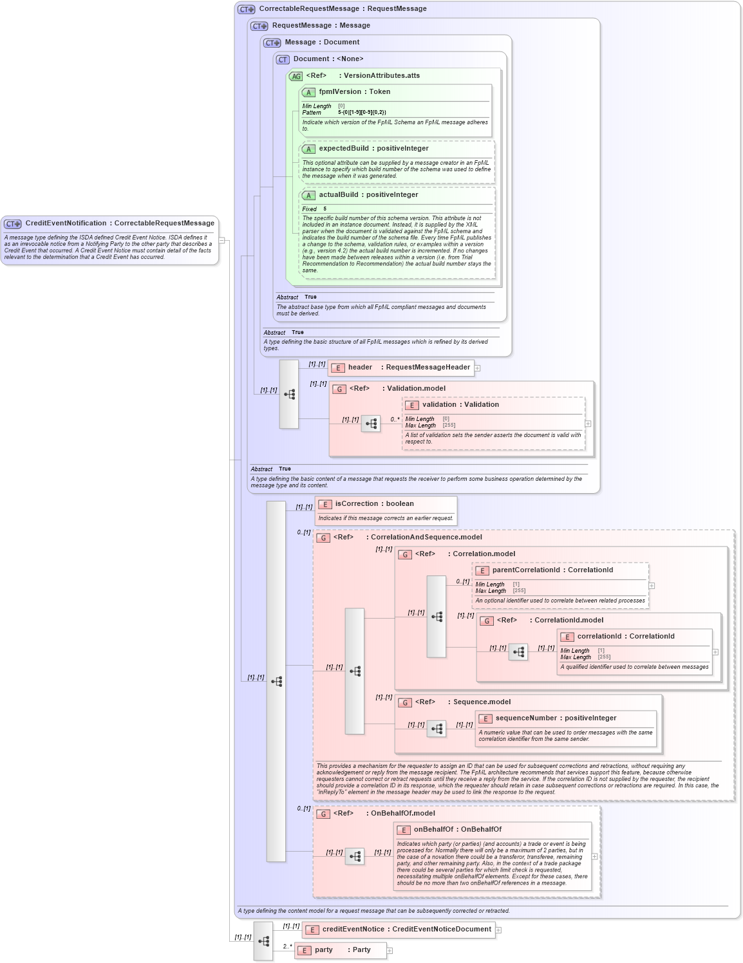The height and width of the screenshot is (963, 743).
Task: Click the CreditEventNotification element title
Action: [x=120, y=223]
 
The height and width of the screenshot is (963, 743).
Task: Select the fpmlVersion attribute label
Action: [x=354, y=92]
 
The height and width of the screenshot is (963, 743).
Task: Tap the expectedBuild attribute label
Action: [x=373, y=149]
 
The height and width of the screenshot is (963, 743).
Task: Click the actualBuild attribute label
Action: [x=368, y=195]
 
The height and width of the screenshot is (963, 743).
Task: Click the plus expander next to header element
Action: [x=478, y=368]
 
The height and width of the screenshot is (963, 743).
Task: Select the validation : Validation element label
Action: [x=460, y=405]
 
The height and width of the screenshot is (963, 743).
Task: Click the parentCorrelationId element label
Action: [x=552, y=570]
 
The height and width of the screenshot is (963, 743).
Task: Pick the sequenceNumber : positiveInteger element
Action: [x=556, y=718]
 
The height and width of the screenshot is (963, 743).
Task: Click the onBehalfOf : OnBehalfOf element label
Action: [x=457, y=830]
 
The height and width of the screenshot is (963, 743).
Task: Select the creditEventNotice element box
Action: [x=406, y=930]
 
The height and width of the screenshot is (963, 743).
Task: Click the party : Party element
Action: [x=342, y=950]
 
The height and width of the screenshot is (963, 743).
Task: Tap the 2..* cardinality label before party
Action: [x=287, y=947]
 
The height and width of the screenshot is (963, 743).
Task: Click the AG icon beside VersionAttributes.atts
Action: [x=296, y=77]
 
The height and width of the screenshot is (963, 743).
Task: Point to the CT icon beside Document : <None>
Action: [x=283, y=60]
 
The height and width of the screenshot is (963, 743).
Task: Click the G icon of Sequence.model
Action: [x=405, y=703]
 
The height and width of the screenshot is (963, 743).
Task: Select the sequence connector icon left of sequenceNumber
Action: [x=437, y=729]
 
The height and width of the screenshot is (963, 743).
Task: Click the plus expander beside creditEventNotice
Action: [x=498, y=930]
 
